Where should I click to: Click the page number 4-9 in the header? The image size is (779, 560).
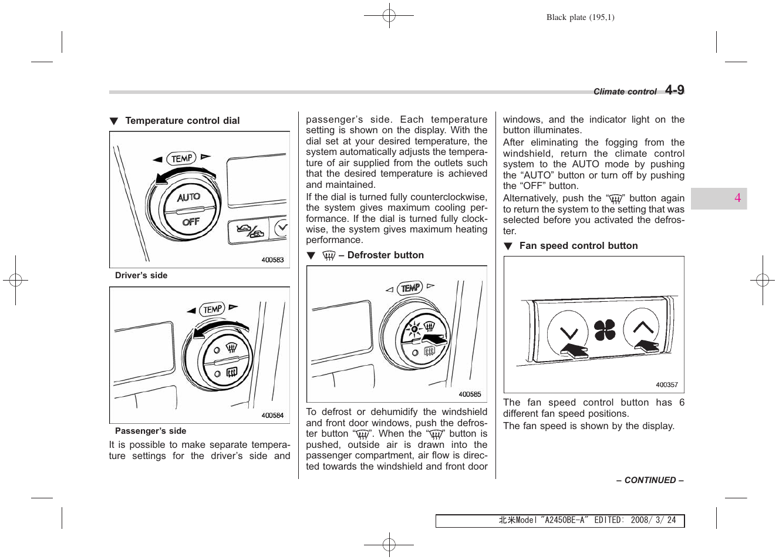coord(675,90)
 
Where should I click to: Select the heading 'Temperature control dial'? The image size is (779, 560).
coord(182,121)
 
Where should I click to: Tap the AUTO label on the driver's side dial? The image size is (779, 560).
coord(188,197)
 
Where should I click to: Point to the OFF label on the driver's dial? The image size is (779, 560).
coord(191,222)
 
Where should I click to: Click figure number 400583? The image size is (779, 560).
coord(272,260)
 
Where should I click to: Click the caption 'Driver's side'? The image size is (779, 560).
coord(141,275)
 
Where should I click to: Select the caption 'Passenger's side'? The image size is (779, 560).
coord(150,431)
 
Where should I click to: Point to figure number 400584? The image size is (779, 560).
coord(272,416)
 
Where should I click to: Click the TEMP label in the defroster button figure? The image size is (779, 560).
coord(410,288)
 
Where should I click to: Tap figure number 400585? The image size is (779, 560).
coord(470,394)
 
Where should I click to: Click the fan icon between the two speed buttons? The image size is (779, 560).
coord(605,330)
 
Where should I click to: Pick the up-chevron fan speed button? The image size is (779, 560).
coord(643,328)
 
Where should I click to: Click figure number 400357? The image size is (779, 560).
coord(666,385)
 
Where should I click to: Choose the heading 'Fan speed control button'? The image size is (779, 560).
coord(578,246)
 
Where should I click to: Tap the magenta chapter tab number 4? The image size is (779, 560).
coord(737,198)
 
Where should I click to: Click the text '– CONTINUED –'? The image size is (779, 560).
coord(649,480)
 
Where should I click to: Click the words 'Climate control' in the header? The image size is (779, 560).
coord(625,92)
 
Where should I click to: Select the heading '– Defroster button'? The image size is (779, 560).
coord(380,255)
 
